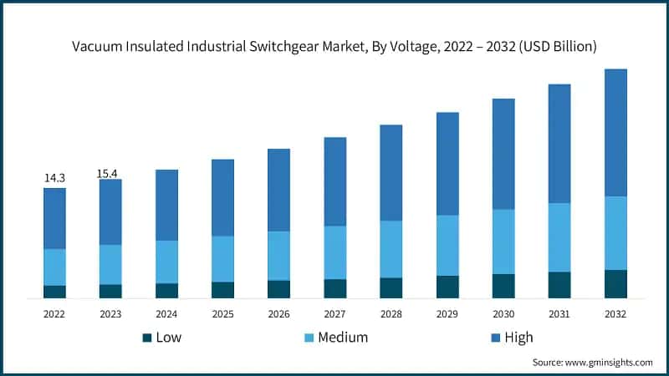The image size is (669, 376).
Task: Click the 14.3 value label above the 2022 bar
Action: click(x=54, y=178)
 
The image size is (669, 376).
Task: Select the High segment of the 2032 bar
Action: click(x=615, y=132)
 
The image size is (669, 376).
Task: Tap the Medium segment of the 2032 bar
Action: click(x=615, y=233)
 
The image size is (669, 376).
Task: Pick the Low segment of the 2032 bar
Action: click(x=615, y=283)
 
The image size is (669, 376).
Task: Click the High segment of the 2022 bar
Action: click(x=54, y=218)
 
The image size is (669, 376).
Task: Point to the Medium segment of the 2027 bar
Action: click(x=334, y=252)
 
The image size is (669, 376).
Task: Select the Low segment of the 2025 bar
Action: click(x=222, y=289)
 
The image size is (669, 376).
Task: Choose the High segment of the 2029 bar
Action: click(x=447, y=164)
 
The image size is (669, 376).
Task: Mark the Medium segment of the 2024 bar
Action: click(x=166, y=262)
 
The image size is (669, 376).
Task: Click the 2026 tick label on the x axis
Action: click(x=278, y=313)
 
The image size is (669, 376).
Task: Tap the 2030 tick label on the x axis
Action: click(x=503, y=313)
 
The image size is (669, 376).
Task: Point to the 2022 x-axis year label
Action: click(x=54, y=313)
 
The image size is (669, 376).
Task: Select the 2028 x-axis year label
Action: click(x=391, y=313)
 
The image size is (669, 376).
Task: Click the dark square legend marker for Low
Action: click(x=147, y=338)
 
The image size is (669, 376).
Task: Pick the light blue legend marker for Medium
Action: click(x=309, y=338)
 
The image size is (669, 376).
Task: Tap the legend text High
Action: click(x=518, y=338)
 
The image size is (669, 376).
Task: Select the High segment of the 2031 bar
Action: click(x=559, y=143)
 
